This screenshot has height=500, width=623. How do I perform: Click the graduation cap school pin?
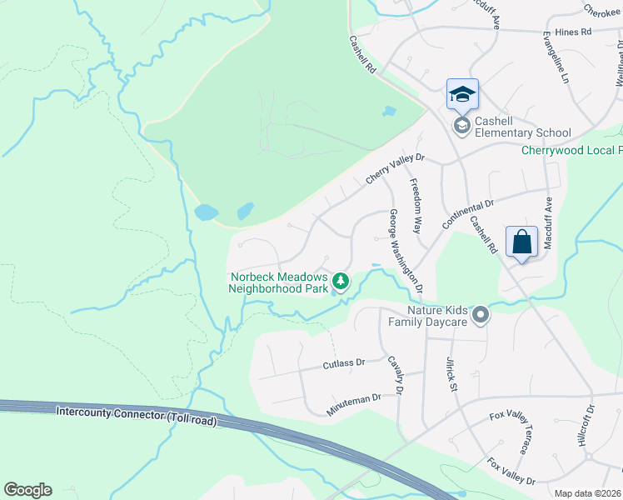point(462,95)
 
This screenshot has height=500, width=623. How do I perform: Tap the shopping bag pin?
point(521,242)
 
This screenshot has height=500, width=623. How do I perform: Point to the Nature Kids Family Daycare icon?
point(480,316)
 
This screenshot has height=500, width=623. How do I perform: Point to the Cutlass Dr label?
point(344,364)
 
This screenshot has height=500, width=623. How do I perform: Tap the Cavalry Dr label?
point(396,375)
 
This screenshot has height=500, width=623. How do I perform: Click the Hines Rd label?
point(573,32)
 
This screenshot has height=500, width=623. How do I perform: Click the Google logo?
point(27,490)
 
